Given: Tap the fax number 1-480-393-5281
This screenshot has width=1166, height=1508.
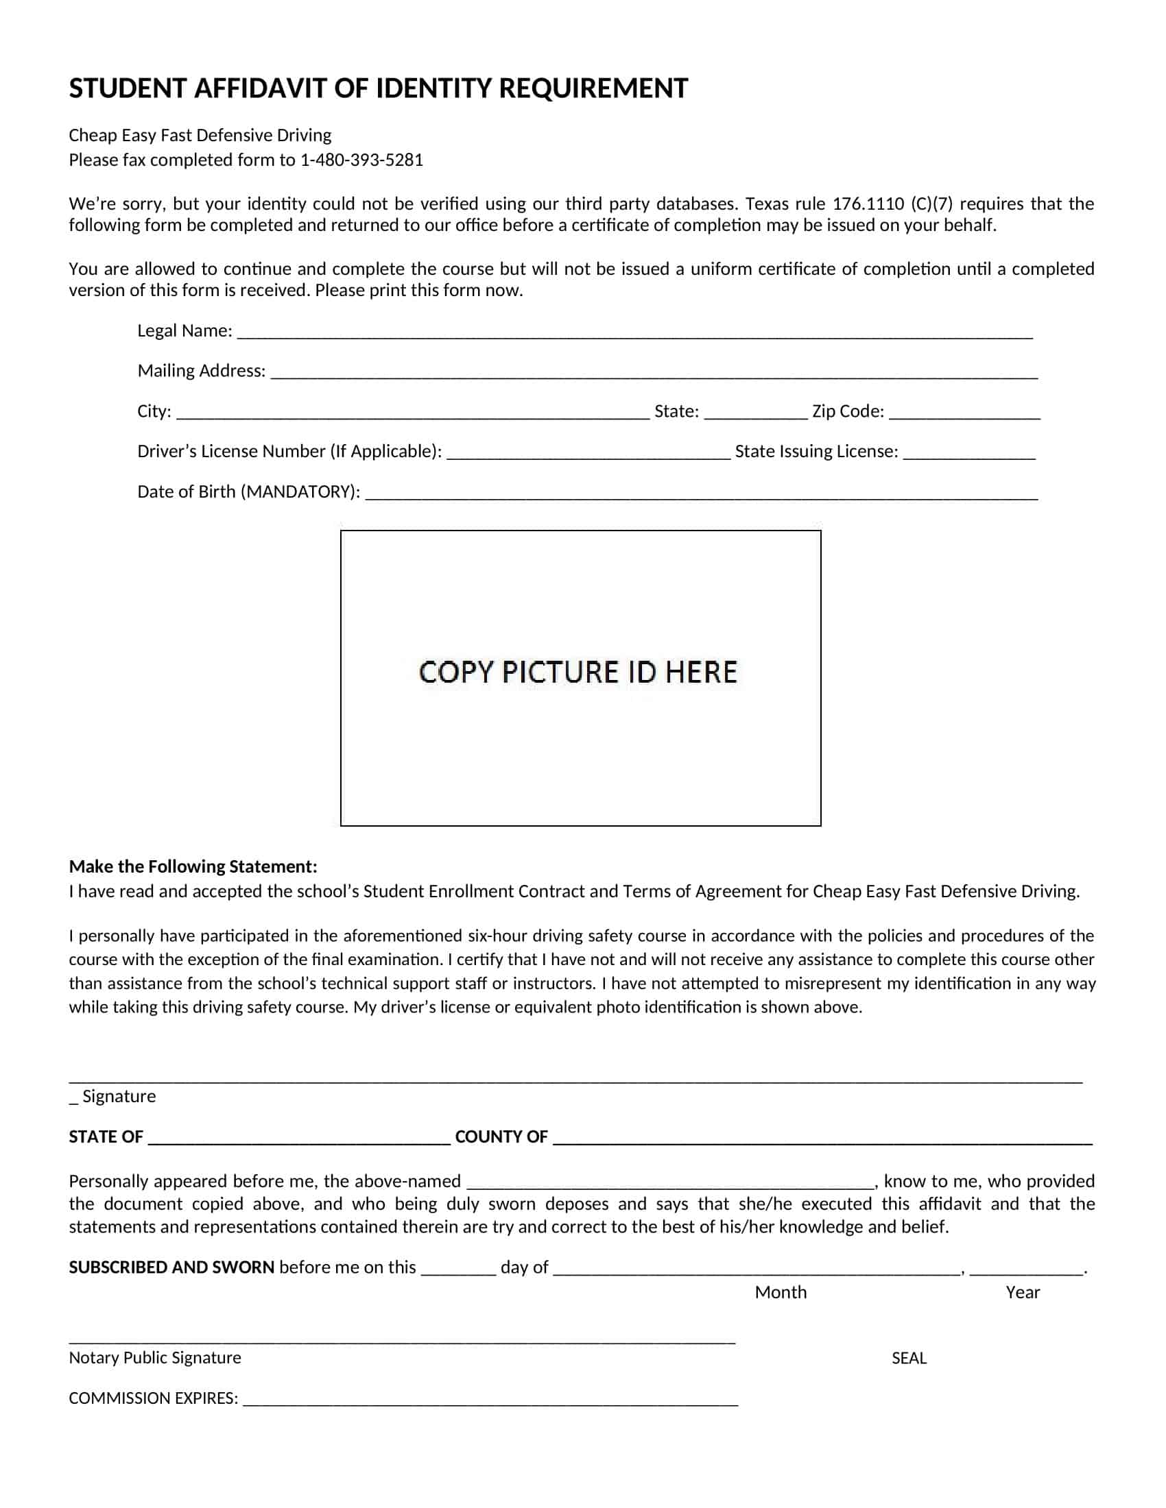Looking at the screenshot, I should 361,160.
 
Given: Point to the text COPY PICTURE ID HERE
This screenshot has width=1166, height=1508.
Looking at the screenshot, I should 578,672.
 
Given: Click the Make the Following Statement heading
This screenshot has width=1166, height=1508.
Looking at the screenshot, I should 193,866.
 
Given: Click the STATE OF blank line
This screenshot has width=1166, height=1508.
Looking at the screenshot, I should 298,1139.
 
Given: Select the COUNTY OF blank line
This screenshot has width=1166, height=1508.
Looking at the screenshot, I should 822,1139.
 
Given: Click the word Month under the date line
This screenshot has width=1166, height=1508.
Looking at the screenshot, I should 781,1293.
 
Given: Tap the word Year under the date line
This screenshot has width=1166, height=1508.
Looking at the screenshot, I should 1023,1293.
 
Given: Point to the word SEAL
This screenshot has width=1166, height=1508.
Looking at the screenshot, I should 909,1358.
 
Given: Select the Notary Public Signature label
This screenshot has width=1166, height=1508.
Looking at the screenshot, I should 155,1358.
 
